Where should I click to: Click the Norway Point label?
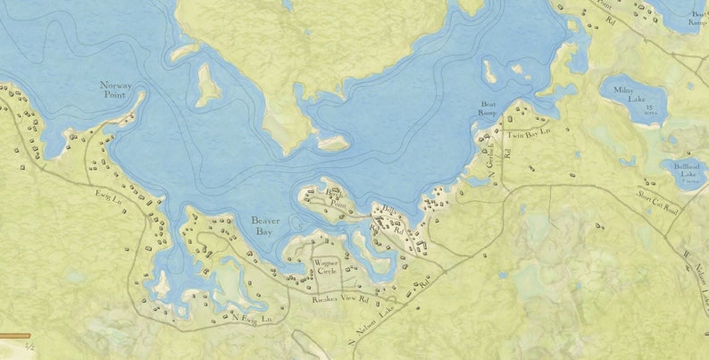pyautogui.click(x=116, y=90)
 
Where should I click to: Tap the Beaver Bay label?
pyautogui.click(x=266, y=225)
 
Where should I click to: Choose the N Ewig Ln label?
pyautogui.click(x=251, y=316)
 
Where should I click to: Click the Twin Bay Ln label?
pyautogui.click(x=529, y=134)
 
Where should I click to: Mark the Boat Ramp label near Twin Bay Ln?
pyautogui.click(x=488, y=108)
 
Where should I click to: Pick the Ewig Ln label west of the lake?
pyautogui.click(x=108, y=195)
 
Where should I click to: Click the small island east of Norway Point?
pyautogui.click(x=208, y=84)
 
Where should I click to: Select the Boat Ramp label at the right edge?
pyautogui.click(x=697, y=20)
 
